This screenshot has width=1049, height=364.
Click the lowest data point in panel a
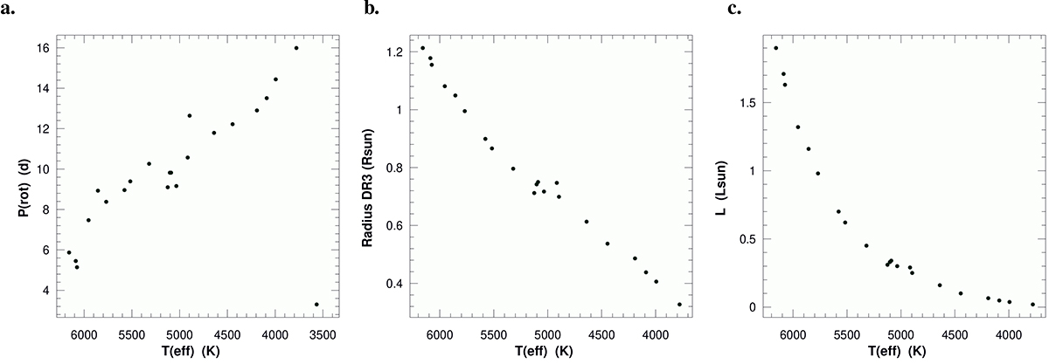[x=316, y=305]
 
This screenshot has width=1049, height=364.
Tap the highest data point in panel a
[x=296, y=48]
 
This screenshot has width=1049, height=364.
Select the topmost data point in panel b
[x=423, y=49]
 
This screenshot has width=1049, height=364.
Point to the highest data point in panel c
[x=775, y=48]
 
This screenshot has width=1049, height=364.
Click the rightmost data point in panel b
[x=679, y=305]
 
